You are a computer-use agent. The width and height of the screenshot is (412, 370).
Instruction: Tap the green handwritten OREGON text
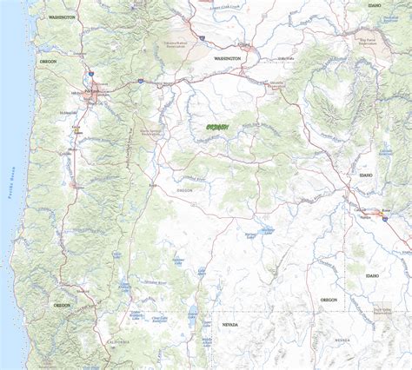(x=212, y=127)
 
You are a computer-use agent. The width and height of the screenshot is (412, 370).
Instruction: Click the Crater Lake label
(x=117, y=255)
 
